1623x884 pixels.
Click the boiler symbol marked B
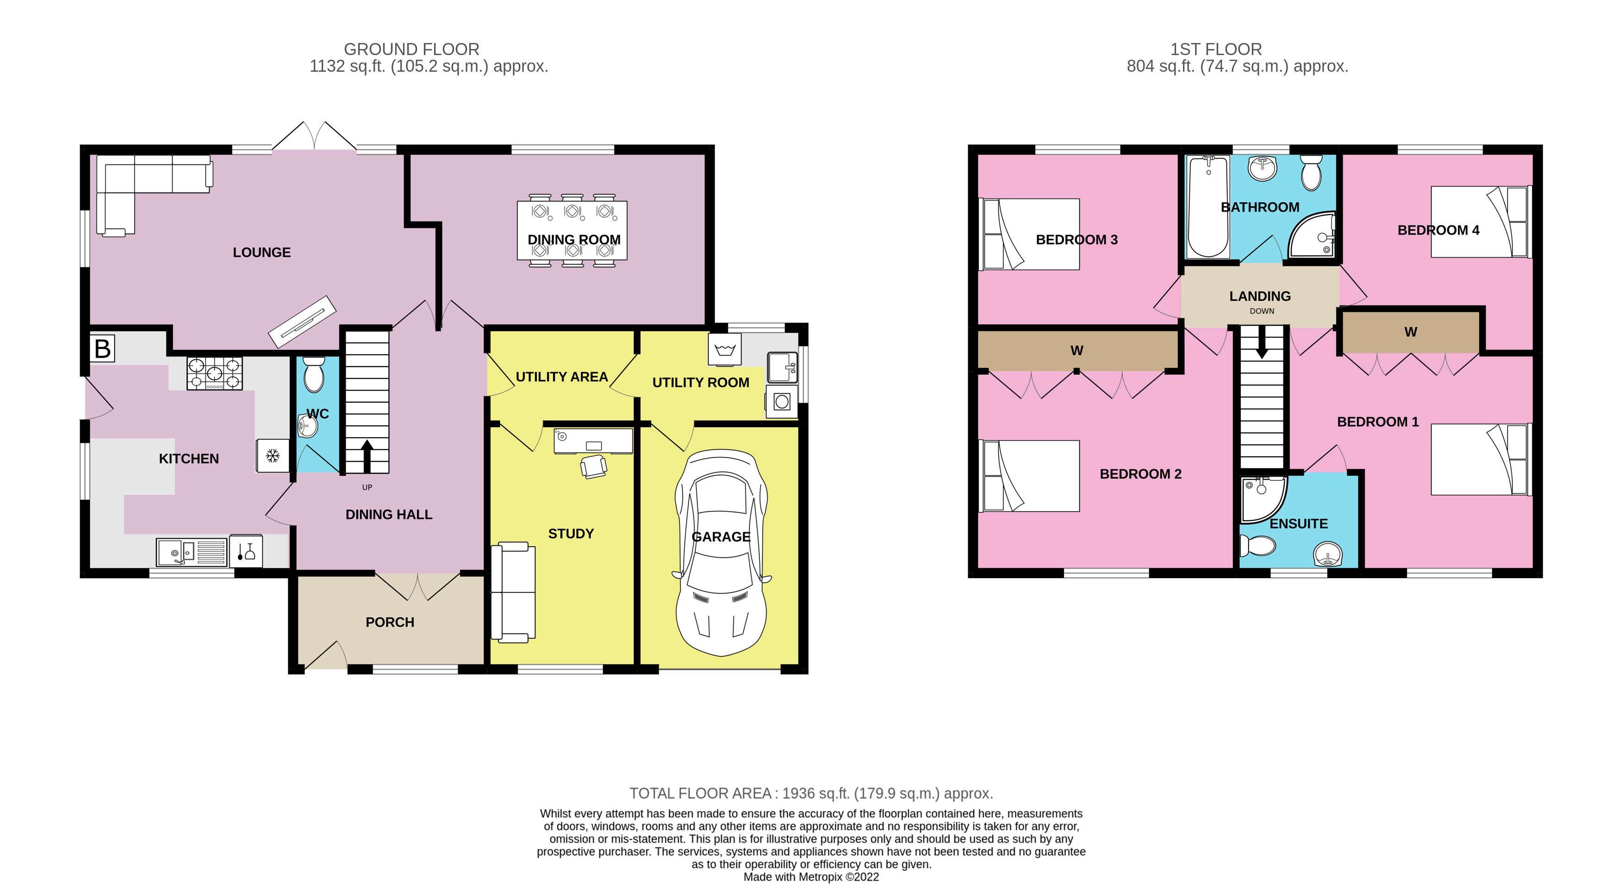pyautogui.click(x=102, y=348)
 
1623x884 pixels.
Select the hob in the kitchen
pyautogui.click(x=214, y=373)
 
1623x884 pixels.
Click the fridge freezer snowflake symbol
pyautogui.click(x=273, y=455)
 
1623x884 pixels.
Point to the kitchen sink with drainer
pyautogui.click(x=192, y=553)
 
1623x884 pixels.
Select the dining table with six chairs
pyautogui.click(x=572, y=230)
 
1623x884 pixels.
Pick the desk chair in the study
pyautogui.click(x=593, y=466)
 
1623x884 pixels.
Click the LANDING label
pyautogui.click(x=1260, y=296)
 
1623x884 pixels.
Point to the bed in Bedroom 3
pyautogui.click(x=1029, y=234)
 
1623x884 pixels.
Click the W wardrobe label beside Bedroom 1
pyautogui.click(x=1411, y=332)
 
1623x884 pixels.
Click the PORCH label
pyautogui.click(x=390, y=623)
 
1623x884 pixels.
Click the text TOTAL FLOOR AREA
pyautogui.click(x=700, y=793)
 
